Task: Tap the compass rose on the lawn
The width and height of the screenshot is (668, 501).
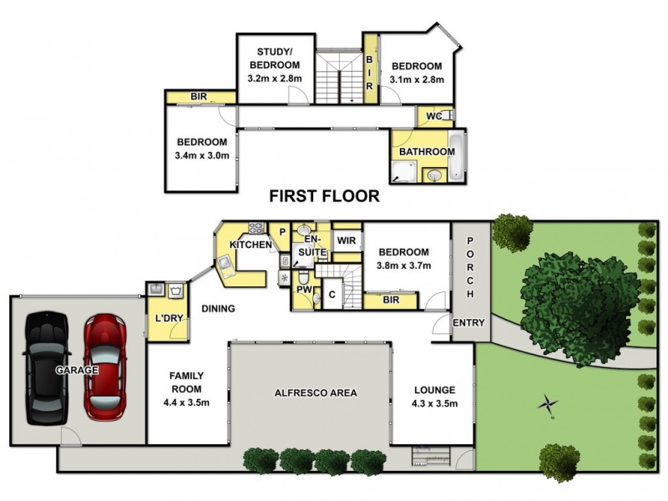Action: [548, 406]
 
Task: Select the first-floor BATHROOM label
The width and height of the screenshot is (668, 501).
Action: [426, 152]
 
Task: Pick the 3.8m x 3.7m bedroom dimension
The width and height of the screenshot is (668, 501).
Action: [404, 266]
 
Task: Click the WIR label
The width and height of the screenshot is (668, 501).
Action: [347, 240]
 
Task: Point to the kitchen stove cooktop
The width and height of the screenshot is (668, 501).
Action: [256, 227]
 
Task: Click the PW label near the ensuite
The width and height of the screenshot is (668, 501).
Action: [302, 291]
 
